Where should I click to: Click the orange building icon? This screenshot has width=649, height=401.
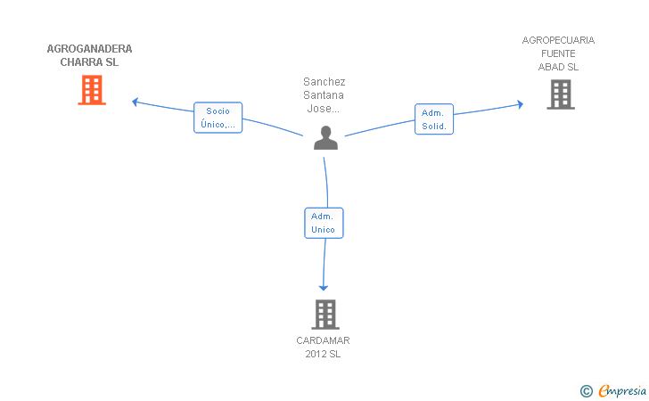point(92,90)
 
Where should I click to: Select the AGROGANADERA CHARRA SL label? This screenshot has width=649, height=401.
point(89,55)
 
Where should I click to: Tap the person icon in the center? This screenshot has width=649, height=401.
point(325,137)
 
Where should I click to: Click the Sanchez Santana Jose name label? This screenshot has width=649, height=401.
point(324,95)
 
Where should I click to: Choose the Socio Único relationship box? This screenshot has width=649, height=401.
point(218,118)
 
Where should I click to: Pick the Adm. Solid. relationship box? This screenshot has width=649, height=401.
point(434,119)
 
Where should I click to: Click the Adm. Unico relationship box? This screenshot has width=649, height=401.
point(324,223)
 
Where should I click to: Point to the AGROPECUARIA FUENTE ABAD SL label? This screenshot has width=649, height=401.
point(558,53)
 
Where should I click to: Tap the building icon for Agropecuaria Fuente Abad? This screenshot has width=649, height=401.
point(561,94)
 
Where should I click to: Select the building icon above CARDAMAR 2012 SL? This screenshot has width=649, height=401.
point(325,315)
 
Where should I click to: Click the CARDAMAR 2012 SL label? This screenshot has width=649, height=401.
point(323,348)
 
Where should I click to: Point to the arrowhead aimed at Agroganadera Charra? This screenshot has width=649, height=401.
point(135,102)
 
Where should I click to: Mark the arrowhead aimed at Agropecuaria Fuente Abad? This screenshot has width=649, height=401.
point(521,104)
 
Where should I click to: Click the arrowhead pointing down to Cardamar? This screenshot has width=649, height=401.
point(324,288)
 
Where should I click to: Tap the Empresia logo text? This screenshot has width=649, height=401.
point(622,390)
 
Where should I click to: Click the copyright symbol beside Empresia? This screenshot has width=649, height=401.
point(586,391)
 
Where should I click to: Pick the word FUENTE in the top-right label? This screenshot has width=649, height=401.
point(558,53)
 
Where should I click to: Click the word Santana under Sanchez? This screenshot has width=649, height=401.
point(324,95)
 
